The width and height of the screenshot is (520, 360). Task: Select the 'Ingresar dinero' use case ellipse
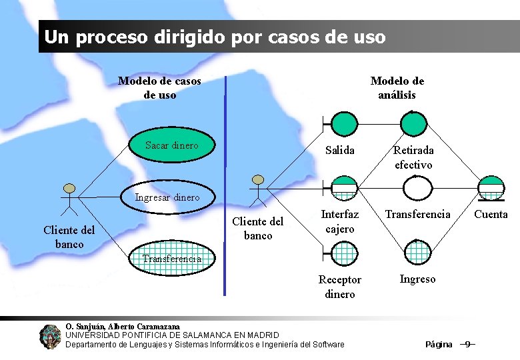[167, 197]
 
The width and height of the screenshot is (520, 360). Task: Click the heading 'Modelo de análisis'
[397, 88]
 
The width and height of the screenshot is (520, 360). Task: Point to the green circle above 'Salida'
[345, 123]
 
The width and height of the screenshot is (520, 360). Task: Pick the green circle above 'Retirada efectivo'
[414, 123]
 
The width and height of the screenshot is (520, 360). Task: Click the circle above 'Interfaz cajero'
[345, 187]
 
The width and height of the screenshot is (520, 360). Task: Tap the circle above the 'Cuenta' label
[492, 187]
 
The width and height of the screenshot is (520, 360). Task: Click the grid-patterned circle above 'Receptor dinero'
[345, 251]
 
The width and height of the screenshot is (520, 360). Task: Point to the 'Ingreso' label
[417, 279]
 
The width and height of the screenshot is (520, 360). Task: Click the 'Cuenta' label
[491, 215]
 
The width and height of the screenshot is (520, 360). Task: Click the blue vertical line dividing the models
[225, 187]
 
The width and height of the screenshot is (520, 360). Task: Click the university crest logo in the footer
[50, 337]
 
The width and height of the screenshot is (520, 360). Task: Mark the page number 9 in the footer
[467, 344]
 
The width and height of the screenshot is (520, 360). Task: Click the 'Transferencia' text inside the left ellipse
[172, 259]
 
